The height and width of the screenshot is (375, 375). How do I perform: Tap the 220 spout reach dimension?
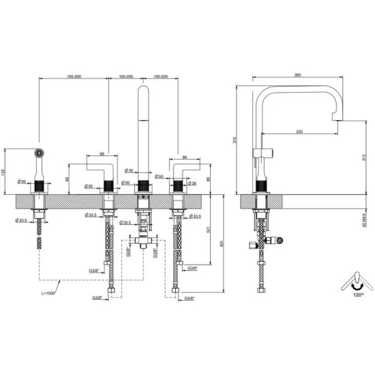(x=300, y=130)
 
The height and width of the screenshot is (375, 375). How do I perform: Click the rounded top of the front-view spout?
(x=143, y=88)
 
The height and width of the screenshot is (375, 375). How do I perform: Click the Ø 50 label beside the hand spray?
(x=21, y=182)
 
